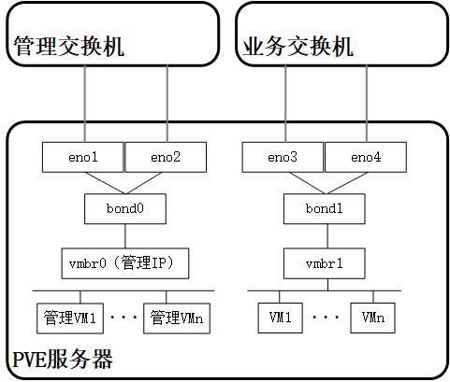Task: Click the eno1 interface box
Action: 83,157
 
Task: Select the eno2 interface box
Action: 166,157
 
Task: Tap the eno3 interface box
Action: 283,157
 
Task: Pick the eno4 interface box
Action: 366,157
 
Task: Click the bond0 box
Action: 125,208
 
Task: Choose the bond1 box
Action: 325,208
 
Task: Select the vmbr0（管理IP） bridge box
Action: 125,263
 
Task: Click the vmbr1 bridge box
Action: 325,263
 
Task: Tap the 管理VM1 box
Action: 70,318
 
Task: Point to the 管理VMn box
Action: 177,318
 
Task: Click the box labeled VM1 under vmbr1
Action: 281,318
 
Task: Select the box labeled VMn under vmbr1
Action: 373,318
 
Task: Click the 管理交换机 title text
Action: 69,47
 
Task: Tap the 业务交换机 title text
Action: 298,47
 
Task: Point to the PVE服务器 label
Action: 63,359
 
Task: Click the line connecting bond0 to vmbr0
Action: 125,236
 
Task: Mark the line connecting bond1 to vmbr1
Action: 327,236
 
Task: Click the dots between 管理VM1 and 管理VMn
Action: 123,318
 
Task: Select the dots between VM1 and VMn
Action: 326,318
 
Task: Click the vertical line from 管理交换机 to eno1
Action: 85,104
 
